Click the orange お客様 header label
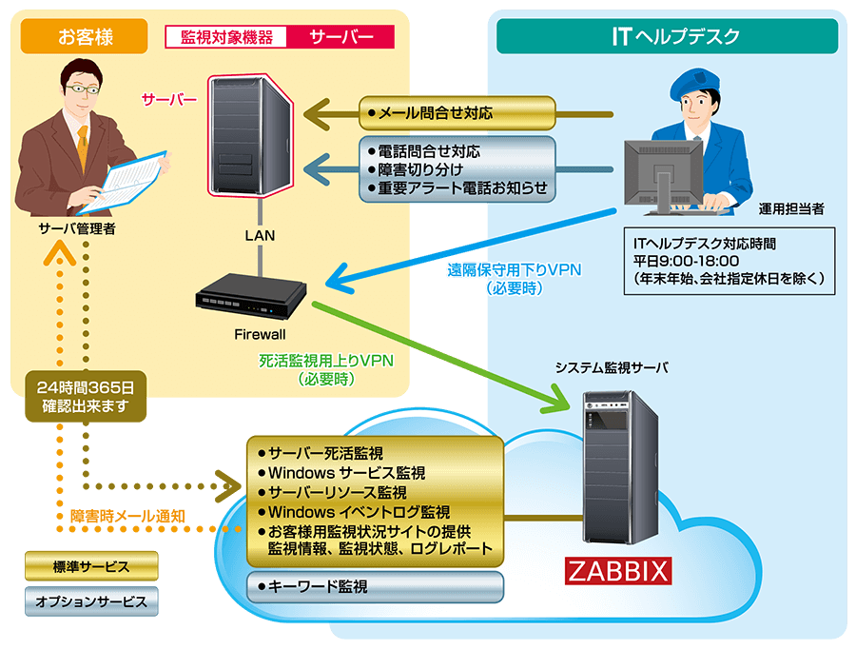pos(85,37)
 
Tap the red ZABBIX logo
pos(618,571)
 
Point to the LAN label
pos(259,235)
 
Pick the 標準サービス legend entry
pos(91,567)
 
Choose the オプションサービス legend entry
pos(91,601)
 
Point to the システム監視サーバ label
pos(613,368)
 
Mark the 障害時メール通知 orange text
pos(127,516)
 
